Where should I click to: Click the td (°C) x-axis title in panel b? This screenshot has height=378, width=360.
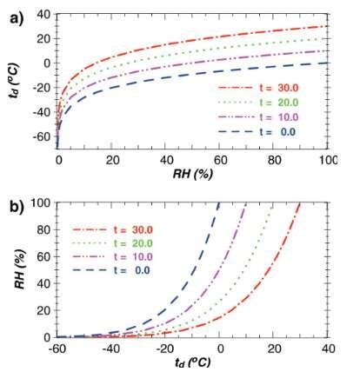click(194, 363)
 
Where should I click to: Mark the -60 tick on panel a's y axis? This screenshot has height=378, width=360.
click(41, 137)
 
